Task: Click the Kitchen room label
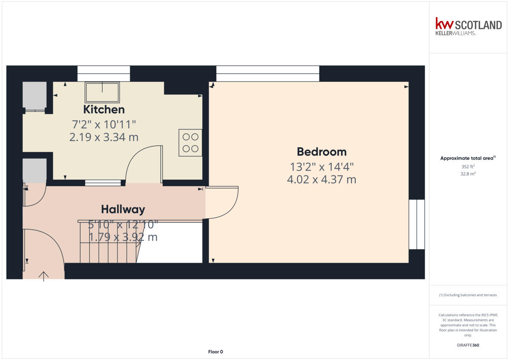click(x=104, y=109)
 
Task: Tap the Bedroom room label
click(x=322, y=152)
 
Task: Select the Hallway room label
click(x=123, y=209)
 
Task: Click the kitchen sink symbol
click(x=103, y=92)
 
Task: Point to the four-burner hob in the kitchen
click(x=190, y=143)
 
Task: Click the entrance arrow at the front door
click(x=43, y=276)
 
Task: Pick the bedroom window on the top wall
click(x=268, y=73)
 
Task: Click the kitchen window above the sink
click(x=103, y=73)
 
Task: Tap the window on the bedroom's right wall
click(x=417, y=224)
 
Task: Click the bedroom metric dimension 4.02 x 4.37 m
click(x=322, y=179)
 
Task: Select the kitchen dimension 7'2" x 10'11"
click(x=104, y=125)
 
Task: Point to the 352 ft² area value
click(x=468, y=167)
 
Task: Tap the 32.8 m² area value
click(x=468, y=174)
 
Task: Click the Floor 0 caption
click(x=215, y=352)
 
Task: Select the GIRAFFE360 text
click(x=468, y=345)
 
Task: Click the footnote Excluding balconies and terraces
click(x=468, y=295)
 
